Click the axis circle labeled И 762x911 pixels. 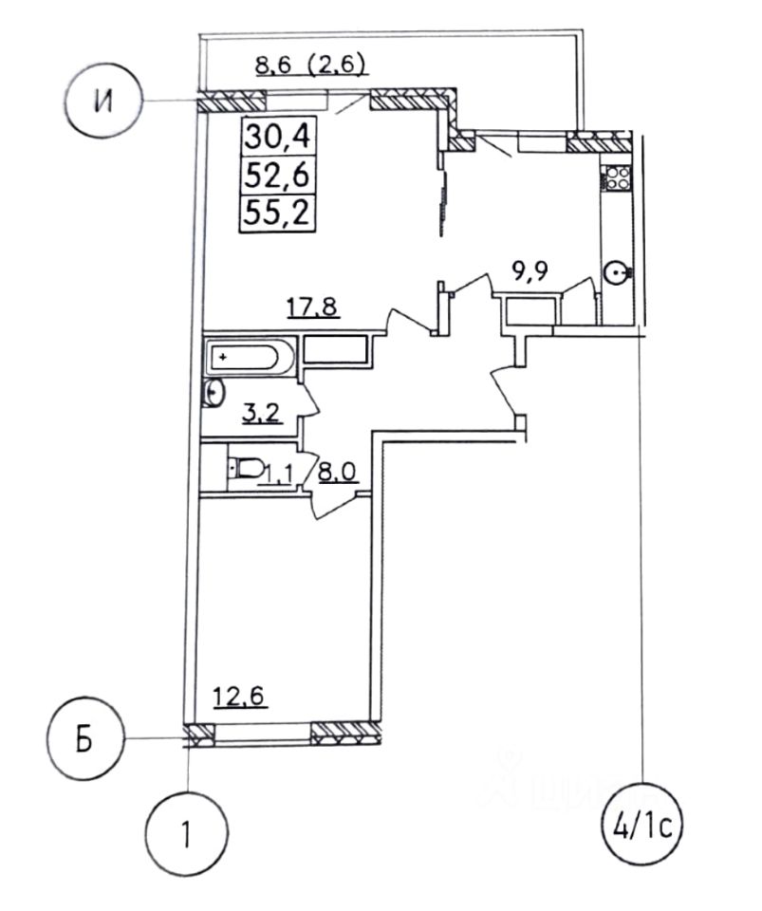[x=104, y=101]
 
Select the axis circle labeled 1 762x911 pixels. [x=187, y=834]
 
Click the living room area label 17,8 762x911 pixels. [x=313, y=307]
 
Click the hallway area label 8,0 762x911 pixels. [x=336, y=472]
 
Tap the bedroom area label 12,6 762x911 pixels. [x=236, y=698]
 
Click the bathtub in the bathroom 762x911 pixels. [x=244, y=358]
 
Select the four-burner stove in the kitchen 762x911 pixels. [x=617, y=177]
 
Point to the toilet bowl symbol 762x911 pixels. [x=248, y=466]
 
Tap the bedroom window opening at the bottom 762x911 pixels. [x=262, y=732]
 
